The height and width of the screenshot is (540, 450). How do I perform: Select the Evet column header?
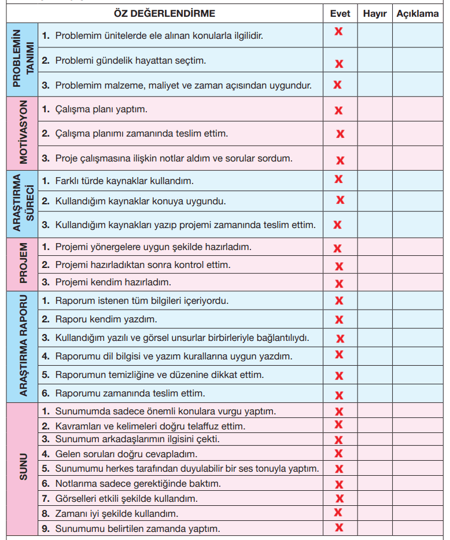(340, 13)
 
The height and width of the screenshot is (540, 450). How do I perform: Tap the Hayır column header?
(375, 13)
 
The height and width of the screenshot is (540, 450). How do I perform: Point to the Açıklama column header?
(418, 13)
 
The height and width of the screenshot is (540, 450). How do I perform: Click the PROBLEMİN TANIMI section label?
(23, 60)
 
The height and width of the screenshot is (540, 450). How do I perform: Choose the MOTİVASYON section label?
(23, 133)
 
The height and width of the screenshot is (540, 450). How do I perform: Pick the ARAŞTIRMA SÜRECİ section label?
(23, 203)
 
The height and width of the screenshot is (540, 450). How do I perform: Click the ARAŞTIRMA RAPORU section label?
(23, 347)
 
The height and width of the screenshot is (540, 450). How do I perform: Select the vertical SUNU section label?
(23, 469)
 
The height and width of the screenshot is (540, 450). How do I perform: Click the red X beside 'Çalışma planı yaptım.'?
(339, 110)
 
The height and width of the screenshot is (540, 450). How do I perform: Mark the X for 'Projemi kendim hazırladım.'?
(339, 284)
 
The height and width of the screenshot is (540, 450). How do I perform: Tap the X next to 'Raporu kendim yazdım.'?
(339, 319)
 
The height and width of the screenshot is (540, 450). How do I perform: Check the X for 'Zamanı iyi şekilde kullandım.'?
(338, 512)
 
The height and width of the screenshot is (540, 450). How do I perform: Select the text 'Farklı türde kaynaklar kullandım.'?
(124, 181)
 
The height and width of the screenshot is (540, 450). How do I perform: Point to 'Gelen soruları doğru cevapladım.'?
(126, 454)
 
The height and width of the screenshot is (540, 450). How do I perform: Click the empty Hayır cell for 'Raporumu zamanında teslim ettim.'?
(375, 394)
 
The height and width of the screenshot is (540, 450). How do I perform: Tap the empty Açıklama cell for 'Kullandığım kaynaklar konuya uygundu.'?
(418, 201)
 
